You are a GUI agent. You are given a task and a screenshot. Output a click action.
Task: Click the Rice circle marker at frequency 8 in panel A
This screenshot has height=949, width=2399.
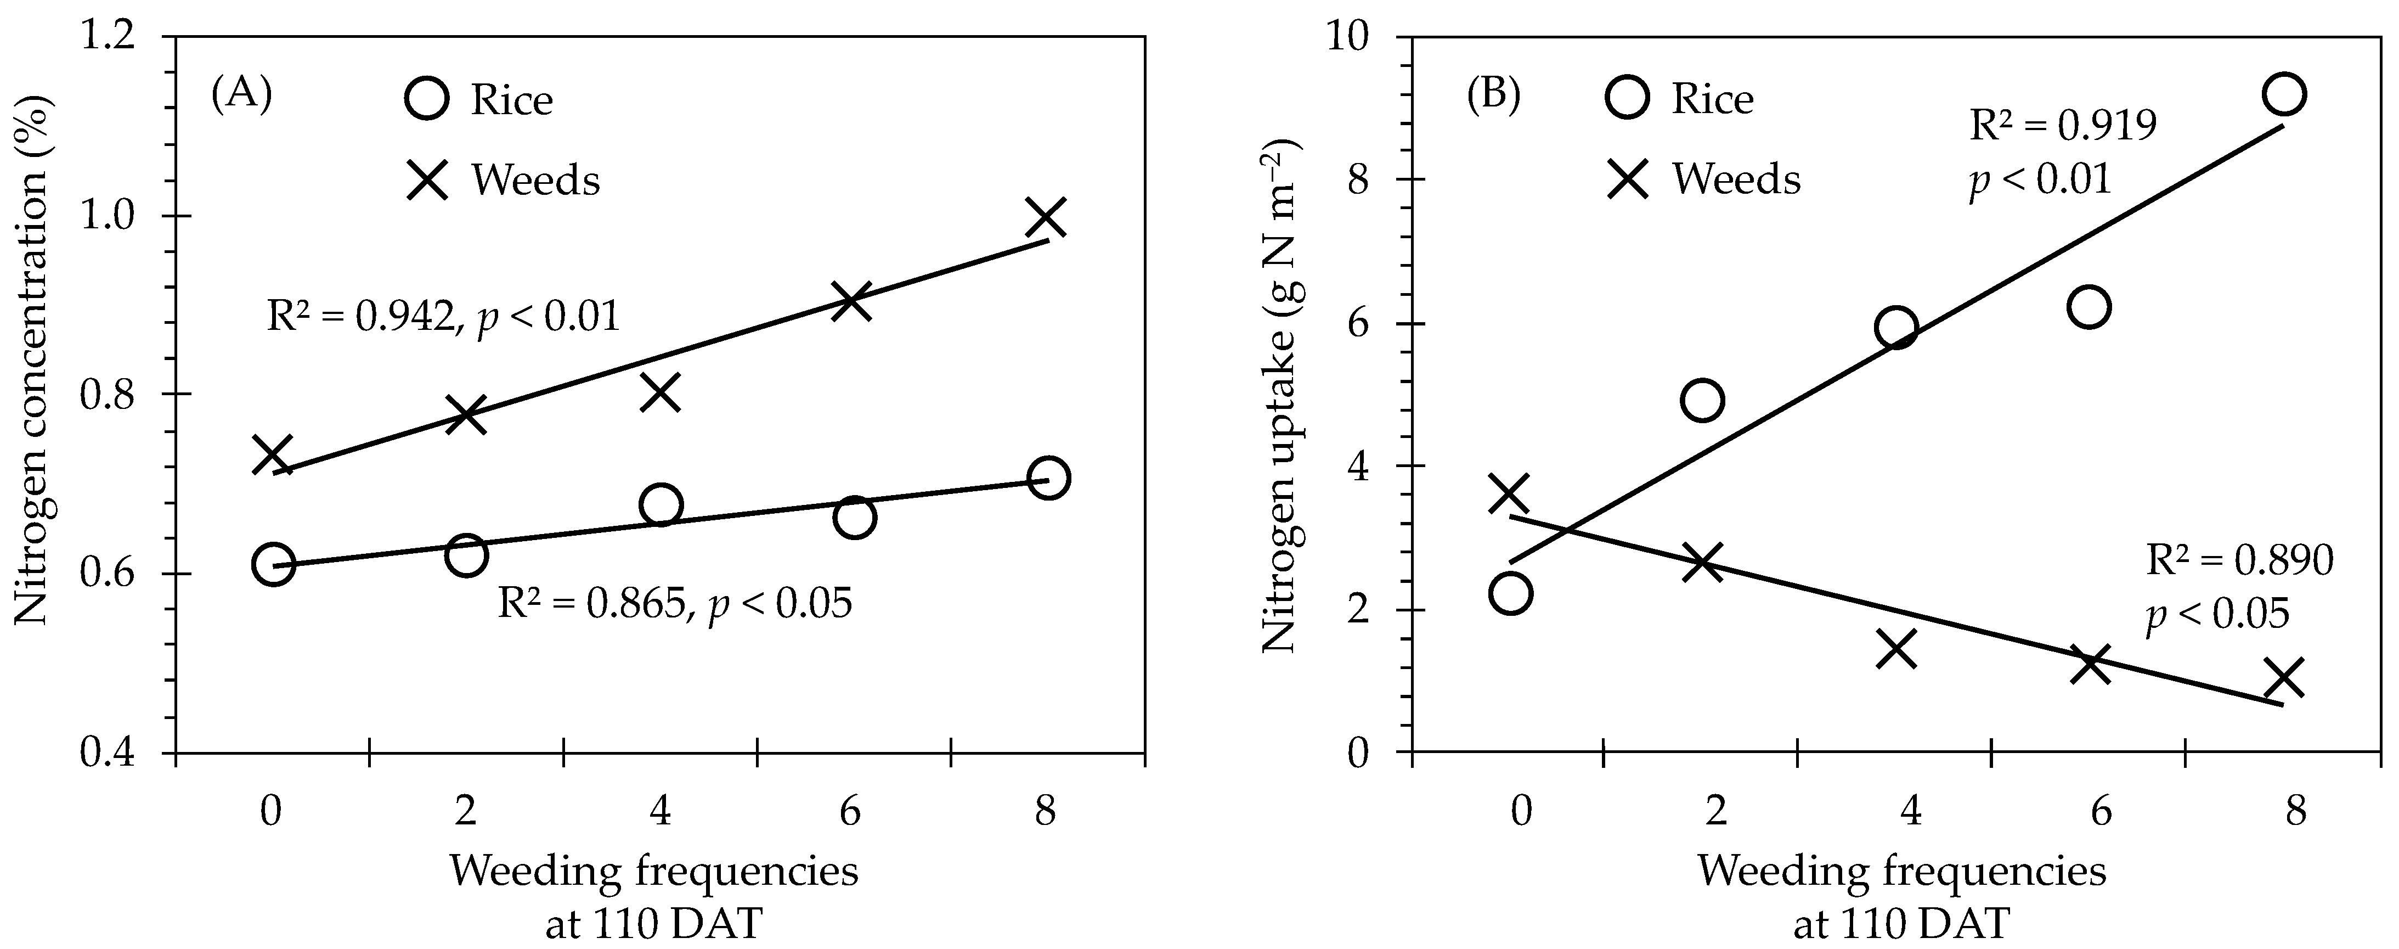point(1048,478)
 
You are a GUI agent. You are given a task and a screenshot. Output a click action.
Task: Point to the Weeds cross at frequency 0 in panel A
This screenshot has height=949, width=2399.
point(273,454)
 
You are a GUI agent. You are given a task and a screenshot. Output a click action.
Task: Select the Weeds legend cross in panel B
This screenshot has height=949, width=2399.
point(1628,178)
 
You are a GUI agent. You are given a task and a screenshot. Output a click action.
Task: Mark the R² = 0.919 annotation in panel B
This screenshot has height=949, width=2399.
point(2063,125)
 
